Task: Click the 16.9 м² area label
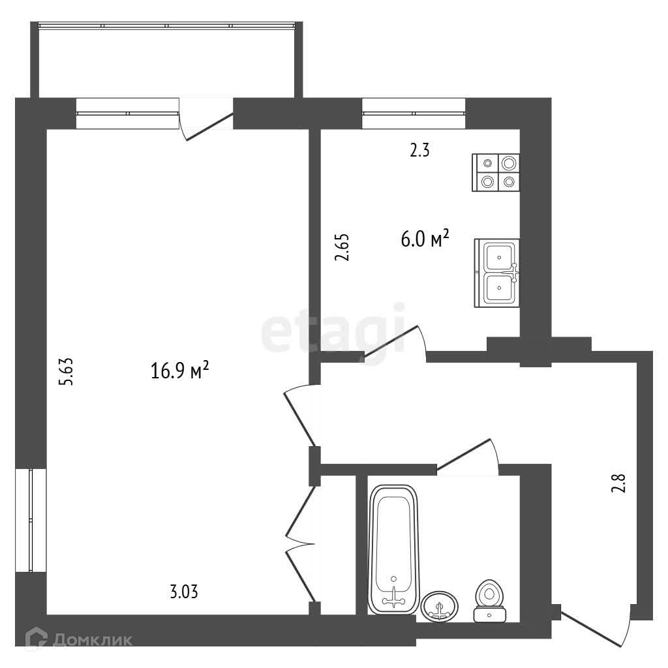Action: (180, 370)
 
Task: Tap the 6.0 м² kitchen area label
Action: (425, 239)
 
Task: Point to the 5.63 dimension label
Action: (67, 372)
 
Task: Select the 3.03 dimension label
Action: (184, 592)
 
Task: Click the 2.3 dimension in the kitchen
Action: (419, 150)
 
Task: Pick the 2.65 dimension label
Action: (342, 247)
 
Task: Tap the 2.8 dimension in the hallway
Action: (618, 483)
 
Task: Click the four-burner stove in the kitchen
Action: (496, 172)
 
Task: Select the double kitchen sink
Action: (496, 273)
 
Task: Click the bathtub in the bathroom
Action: (393, 549)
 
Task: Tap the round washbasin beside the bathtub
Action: (440, 606)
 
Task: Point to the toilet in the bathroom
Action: (490, 601)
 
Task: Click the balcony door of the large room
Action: (206, 120)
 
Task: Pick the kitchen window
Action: (414, 114)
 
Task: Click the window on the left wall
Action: (31, 520)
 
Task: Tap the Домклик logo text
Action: (93, 640)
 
